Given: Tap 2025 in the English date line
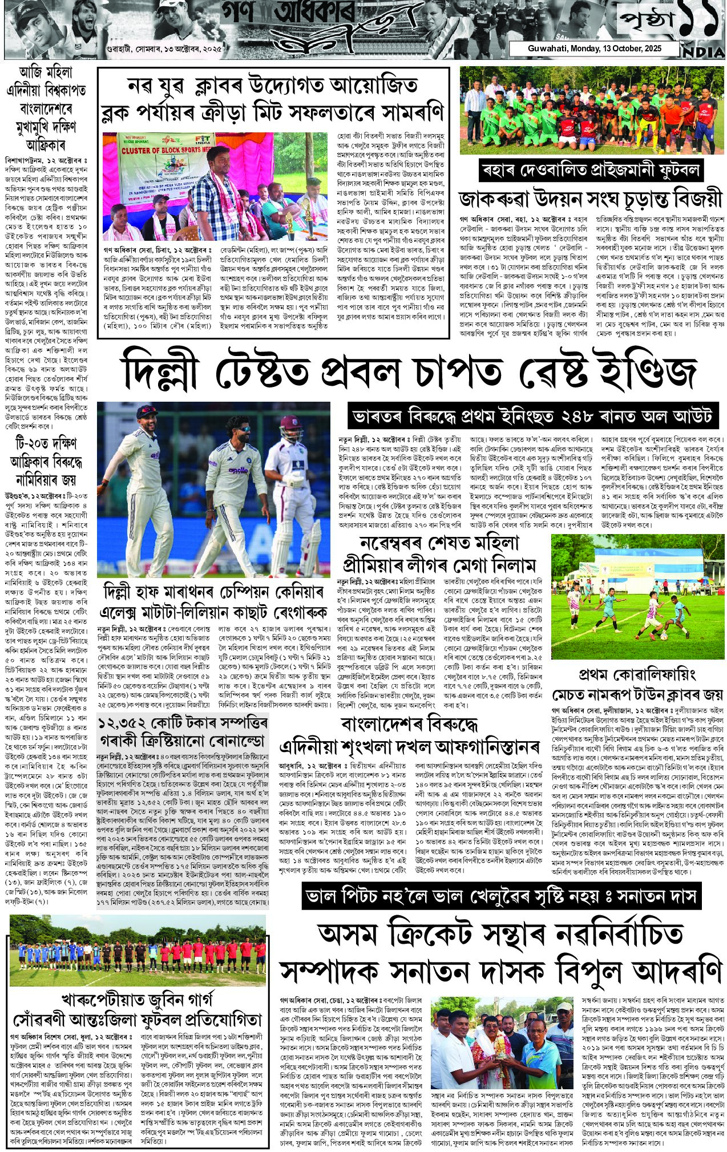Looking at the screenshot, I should [x=650, y=48].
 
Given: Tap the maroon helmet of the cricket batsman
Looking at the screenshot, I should [x=290, y=427].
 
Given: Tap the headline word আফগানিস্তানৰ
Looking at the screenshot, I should [x=484, y=746].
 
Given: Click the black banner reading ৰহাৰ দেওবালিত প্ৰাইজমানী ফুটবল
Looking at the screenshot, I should [x=591, y=171].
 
